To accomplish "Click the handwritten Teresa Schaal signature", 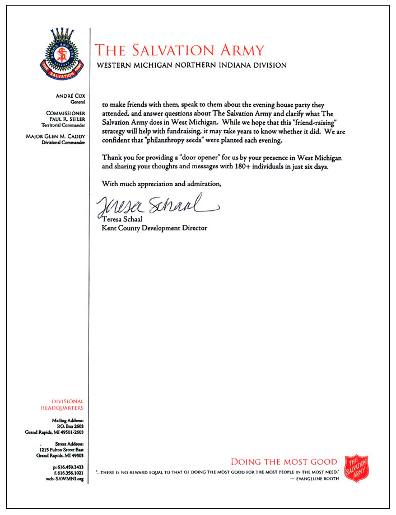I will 157,206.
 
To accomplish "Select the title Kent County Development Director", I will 154,228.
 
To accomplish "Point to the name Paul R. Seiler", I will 67,119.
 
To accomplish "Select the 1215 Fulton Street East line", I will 62,450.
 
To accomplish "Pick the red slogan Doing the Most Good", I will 285,462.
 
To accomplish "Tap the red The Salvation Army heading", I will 180,50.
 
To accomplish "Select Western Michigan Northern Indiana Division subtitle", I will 192,65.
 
